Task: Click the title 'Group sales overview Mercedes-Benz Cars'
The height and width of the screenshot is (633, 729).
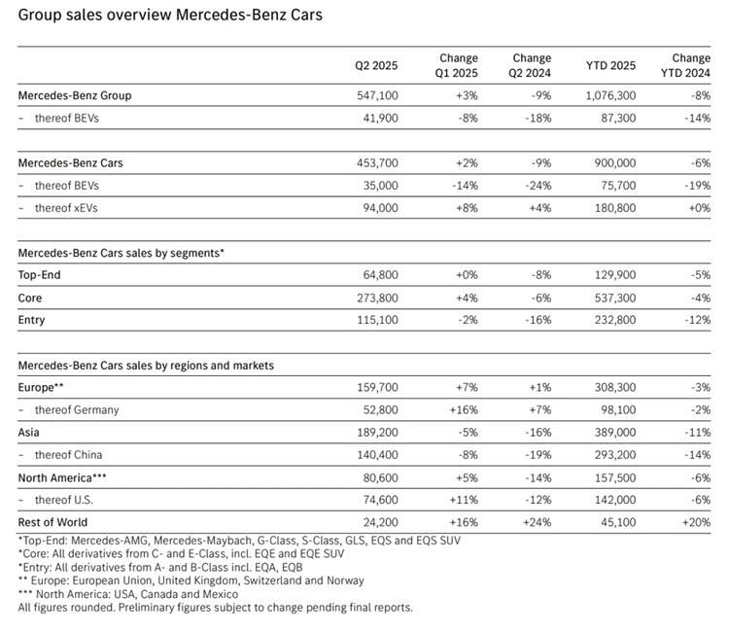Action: [x=170, y=16]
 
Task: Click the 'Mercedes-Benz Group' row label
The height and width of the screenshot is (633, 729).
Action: [x=75, y=96]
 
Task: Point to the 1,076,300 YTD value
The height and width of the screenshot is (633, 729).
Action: [x=607, y=96]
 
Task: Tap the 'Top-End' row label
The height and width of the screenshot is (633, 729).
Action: [x=39, y=275]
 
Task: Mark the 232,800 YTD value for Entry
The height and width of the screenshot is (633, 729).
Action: [x=610, y=320]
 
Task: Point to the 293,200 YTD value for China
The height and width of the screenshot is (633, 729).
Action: [x=610, y=454]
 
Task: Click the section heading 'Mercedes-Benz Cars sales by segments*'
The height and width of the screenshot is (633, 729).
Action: [x=121, y=253]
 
